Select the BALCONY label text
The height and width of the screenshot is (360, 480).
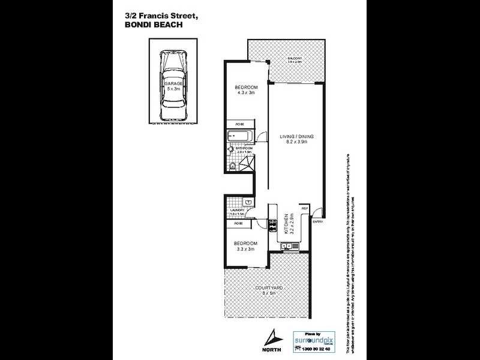click(294, 58)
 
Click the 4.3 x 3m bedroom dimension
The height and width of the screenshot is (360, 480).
click(245, 93)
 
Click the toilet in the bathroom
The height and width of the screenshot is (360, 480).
click(233, 165)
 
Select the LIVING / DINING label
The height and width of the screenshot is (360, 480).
click(297, 137)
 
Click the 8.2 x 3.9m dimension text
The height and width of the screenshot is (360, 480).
click(297, 144)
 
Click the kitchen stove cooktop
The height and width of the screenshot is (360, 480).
click(272, 227)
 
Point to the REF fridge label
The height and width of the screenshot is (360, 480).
click(304, 208)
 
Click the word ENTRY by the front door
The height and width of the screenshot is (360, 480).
click(317, 223)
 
